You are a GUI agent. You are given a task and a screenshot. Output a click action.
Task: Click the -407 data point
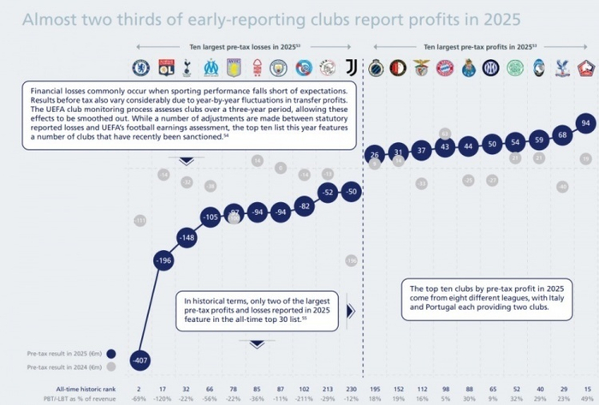[x=139, y=360]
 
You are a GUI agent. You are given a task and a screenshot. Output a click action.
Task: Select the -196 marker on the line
[x=163, y=260]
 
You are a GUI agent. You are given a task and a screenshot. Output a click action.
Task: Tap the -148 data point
[x=187, y=236]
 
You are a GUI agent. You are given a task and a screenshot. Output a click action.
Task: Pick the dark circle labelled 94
[x=585, y=123]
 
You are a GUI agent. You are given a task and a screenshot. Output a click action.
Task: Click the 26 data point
[x=374, y=155]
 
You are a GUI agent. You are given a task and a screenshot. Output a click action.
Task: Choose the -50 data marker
[x=351, y=193]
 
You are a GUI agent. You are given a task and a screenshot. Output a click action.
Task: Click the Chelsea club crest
[x=139, y=68]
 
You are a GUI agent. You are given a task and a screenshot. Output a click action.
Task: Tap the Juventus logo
[x=351, y=68]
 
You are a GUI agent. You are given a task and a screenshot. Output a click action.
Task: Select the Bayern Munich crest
[x=444, y=68]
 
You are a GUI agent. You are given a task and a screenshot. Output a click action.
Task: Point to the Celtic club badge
[x=514, y=68]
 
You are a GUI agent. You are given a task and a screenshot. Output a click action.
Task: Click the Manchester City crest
[x=280, y=68]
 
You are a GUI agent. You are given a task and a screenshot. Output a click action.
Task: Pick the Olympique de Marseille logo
[x=211, y=68]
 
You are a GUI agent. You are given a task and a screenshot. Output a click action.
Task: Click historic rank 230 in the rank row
[x=351, y=389]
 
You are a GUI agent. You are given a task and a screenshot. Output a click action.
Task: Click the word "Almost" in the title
[x=50, y=17]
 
